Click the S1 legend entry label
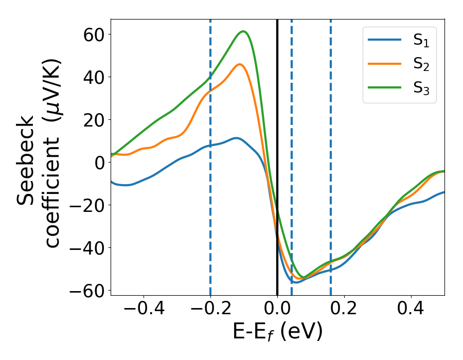pos(421,42)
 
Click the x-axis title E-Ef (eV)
pos(277,332)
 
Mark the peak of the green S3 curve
pos(244,31)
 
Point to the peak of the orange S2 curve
pos(240,64)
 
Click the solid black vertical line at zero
pos(277,154)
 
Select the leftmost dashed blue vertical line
pos(210,154)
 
